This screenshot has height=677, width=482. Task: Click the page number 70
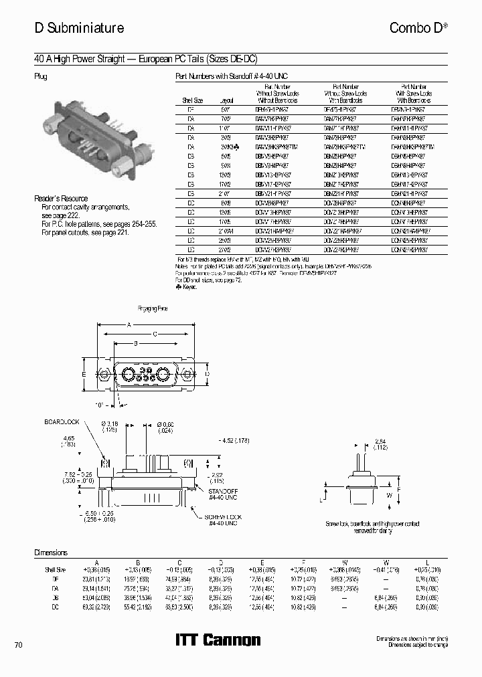pos(18,645)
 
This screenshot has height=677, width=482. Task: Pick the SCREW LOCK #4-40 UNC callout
pos(223,520)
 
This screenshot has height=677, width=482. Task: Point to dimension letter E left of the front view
pos(84,374)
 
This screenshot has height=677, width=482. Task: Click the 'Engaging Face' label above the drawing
pos(153,308)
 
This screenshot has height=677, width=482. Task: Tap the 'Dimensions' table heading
pos(51,553)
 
